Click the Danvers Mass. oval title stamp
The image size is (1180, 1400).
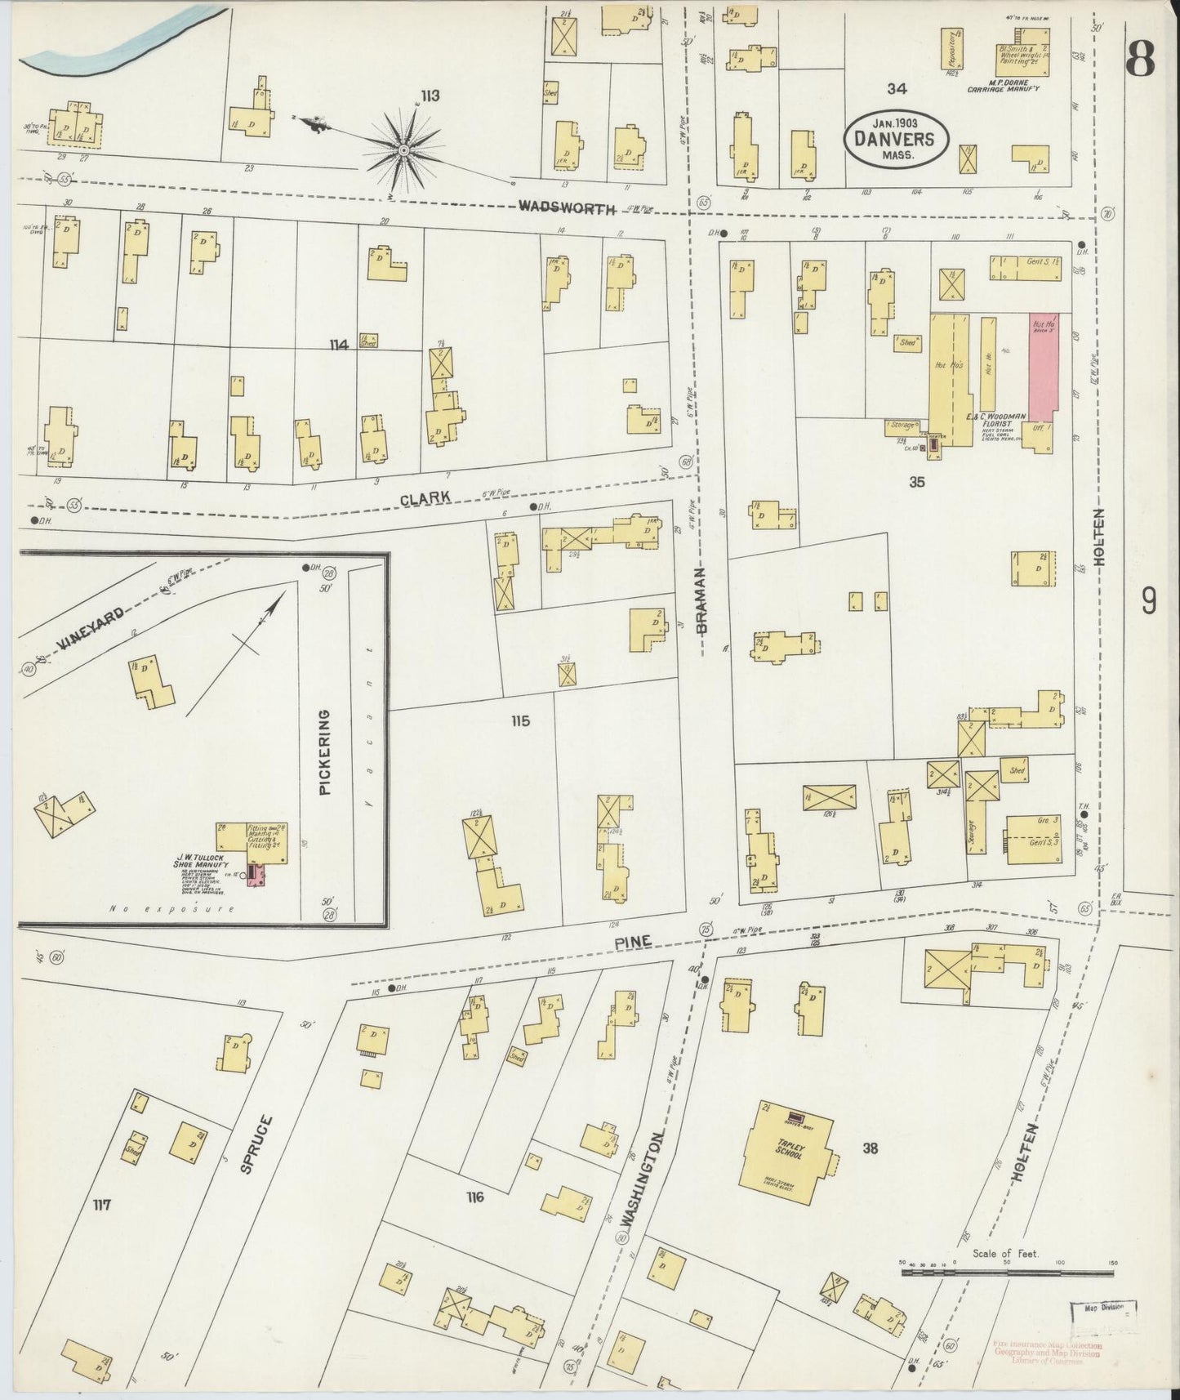(895, 137)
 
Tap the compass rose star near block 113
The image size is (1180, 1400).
(404, 150)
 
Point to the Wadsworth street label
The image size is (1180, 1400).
(567, 208)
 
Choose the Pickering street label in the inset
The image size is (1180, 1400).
(325, 753)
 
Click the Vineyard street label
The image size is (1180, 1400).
(90, 632)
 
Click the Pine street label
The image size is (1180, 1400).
(633, 942)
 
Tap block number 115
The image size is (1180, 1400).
(520, 721)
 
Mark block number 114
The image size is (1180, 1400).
(339, 346)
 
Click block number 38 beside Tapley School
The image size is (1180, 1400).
(870, 1149)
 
